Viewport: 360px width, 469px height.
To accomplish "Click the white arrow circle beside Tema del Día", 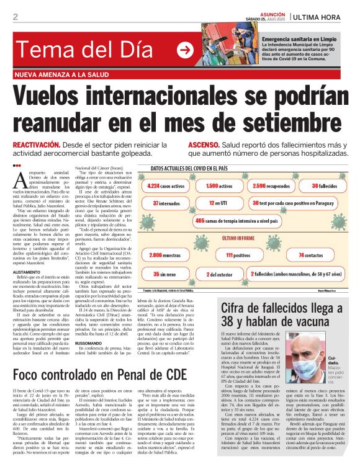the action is pyautogui.click(x=185, y=50).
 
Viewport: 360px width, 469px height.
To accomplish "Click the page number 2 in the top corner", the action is pyautogui.click(x=15, y=17).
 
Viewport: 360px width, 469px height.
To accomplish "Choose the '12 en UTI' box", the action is pyautogui.click(x=217, y=203).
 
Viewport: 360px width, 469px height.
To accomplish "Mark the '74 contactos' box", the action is pyautogui.click(x=310, y=255).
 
